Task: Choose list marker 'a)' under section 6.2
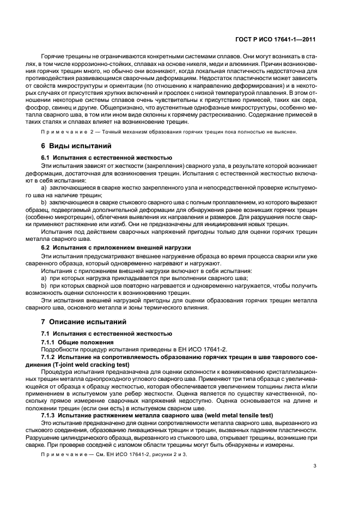[45, 278]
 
